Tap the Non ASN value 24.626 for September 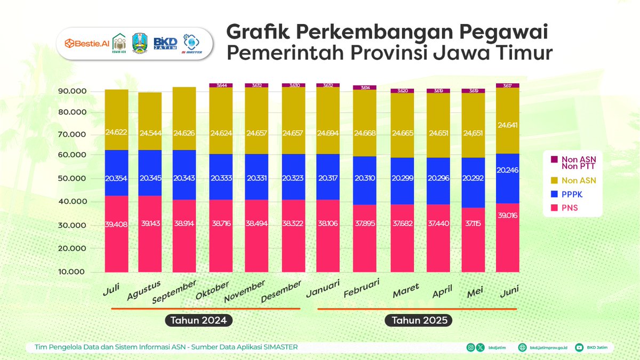click(184, 132)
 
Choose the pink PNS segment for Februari click(365, 238)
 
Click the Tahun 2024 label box click(199, 321)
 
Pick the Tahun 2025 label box click(418, 321)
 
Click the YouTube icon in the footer click(579, 347)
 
